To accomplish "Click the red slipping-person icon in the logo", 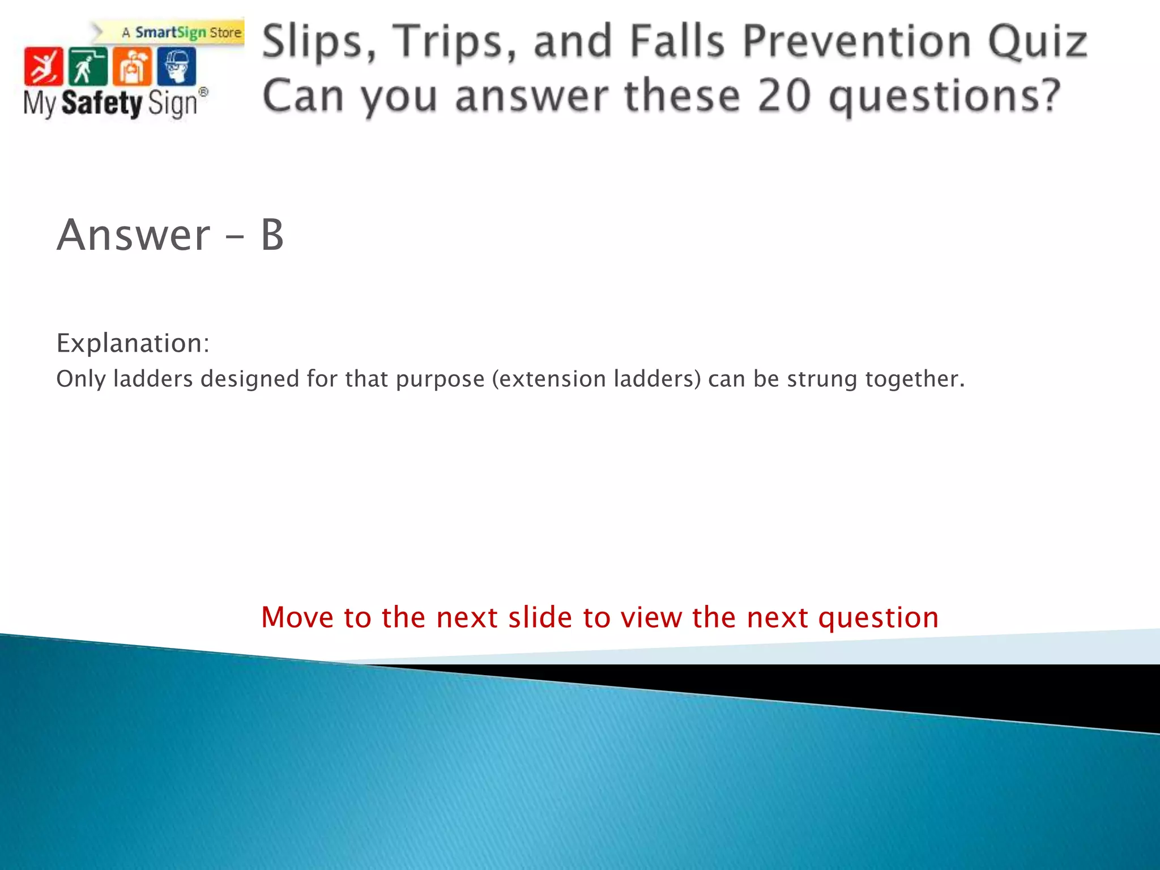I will coord(44,66).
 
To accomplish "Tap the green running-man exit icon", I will coord(87,66).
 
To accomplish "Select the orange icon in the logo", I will coord(132,66).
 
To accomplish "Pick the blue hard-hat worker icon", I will coord(177,66).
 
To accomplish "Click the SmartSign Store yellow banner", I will coord(181,32).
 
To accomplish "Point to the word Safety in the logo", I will coord(101,103).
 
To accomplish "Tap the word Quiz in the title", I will coord(1037,42).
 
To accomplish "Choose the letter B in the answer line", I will coord(272,235).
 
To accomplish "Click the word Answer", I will coord(134,235).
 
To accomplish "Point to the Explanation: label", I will coord(133,343).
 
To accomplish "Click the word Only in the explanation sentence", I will coord(80,379).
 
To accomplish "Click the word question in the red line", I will coord(878,618).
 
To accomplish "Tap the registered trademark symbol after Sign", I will coord(203,92).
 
